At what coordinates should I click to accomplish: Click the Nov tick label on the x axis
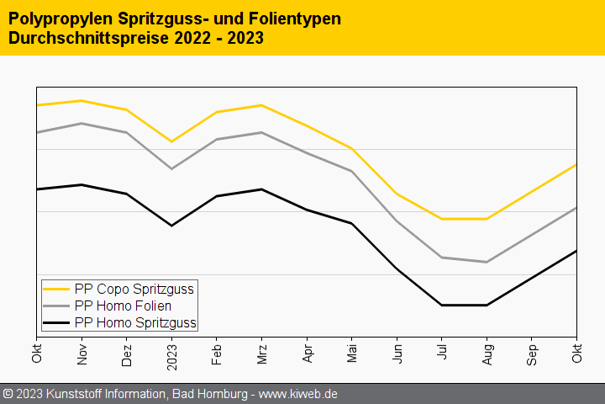[82, 354]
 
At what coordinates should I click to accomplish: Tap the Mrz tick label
[261, 354]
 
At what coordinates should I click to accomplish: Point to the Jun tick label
[397, 354]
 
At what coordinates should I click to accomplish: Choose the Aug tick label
[487, 354]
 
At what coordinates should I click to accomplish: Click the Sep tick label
[532, 354]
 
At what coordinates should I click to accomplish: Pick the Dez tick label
[127, 354]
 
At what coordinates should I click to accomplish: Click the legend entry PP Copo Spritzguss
[134, 289]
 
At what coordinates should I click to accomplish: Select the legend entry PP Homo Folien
[123, 306]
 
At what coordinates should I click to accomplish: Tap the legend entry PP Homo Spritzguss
[135, 322]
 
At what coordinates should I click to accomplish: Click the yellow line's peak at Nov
[82, 101]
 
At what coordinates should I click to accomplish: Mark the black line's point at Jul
[442, 306]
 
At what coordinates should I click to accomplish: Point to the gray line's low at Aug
[487, 262]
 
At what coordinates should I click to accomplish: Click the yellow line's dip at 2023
[171, 141]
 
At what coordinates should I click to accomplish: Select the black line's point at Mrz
[261, 189]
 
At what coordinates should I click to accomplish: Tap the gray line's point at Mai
[351, 171]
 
